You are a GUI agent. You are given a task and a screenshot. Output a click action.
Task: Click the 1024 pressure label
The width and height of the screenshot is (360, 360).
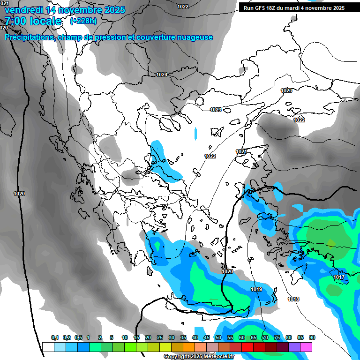(162, 75)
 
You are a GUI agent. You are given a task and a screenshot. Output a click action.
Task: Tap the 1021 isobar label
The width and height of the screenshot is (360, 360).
(241, 151)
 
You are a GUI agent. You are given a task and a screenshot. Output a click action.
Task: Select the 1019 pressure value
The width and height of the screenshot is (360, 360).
(256, 289)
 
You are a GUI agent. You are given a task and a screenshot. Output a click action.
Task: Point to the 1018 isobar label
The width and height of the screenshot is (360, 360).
(293, 299)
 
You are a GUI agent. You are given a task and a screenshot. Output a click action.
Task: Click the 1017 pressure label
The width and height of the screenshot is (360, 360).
(339, 277)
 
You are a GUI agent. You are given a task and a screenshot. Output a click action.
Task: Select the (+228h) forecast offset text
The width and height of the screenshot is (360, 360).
(83, 21)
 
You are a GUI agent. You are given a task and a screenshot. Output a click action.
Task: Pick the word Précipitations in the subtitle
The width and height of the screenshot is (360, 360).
(29, 37)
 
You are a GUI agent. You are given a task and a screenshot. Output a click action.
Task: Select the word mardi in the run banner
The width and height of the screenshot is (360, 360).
(296, 7)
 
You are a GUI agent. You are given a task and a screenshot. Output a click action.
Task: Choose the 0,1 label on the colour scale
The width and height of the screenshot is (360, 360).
(55, 337)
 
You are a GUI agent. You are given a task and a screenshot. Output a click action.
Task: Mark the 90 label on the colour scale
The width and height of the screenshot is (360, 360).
(312, 337)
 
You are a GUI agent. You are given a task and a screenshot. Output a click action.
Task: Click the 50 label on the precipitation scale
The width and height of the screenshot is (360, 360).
(218, 337)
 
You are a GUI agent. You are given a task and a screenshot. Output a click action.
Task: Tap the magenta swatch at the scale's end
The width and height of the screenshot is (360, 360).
(306, 347)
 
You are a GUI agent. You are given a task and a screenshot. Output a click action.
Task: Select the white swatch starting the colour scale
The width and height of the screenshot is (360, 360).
(48, 347)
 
